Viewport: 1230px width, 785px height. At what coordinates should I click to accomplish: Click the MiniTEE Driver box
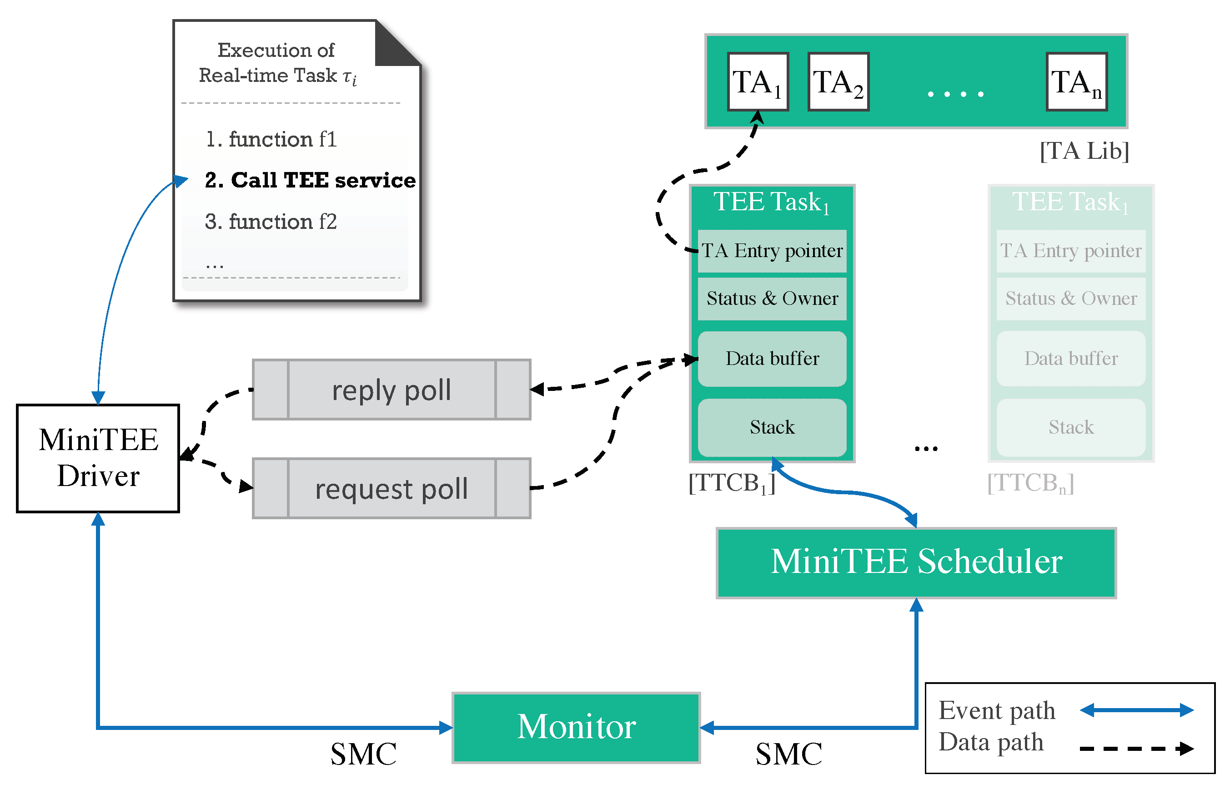click(x=98, y=458)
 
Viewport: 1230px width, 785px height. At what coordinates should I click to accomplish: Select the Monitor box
click(x=576, y=728)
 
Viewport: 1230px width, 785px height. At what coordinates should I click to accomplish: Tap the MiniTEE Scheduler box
click(x=916, y=562)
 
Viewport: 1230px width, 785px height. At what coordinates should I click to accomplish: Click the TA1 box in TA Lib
click(x=758, y=82)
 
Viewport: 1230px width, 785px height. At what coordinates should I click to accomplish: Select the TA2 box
click(x=838, y=82)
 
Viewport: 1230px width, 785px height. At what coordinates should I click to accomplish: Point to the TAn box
click(x=1077, y=82)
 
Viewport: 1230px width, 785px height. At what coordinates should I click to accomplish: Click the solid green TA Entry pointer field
click(x=772, y=251)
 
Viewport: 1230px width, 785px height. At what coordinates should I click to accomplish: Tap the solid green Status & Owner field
click(x=772, y=299)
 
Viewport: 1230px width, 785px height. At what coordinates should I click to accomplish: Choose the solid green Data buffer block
click(x=772, y=359)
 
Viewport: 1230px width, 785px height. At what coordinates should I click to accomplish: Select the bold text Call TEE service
click(x=310, y=180)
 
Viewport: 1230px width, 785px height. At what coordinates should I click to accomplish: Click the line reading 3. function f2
click(x=271, y=222)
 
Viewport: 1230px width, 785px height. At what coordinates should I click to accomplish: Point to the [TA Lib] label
click(x=1084, y=151)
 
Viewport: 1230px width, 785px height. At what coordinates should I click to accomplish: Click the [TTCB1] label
click(x=732, y=483)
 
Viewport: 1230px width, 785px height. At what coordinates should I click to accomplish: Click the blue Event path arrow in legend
click(x=1136, y=710)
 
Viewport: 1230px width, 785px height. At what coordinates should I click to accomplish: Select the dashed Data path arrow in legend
click(x=1136, y=749)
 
